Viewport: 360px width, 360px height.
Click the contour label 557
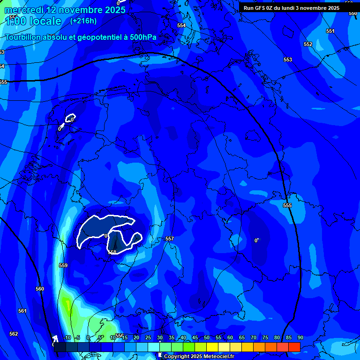pos(170,239)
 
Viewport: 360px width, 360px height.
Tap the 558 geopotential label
pos(112,252)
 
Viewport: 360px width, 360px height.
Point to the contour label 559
pos(63,265)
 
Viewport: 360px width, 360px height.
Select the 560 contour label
pos(40,289)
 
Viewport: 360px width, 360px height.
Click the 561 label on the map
pos(22,311)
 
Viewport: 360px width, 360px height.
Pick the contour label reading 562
pos(14,334)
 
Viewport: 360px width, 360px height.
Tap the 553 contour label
pos(288,60)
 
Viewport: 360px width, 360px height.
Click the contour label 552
pos(308,44)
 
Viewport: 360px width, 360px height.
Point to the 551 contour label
pos(330,31)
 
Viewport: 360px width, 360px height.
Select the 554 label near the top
pos(181,25)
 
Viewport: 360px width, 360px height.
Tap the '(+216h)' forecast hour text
pos(83,21)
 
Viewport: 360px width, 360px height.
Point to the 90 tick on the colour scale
pos(300,337)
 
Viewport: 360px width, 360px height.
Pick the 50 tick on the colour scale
pos(206,337)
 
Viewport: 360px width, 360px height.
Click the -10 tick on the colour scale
pos(67,337)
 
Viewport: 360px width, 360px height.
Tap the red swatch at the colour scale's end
pos(294,347)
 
